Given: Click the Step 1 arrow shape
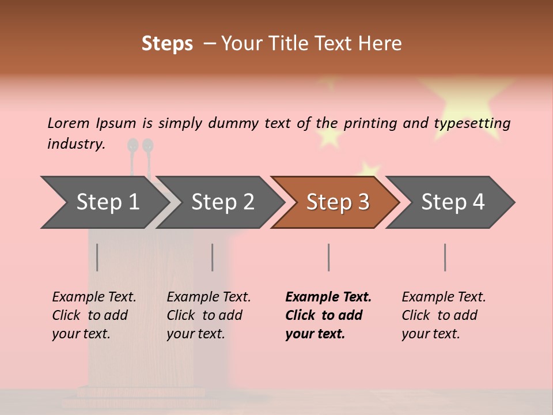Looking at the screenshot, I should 107,202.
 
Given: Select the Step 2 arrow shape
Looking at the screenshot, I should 222,202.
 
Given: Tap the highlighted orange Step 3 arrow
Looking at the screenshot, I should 338,202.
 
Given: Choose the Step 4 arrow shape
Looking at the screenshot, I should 453,202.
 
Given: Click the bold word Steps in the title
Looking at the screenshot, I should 167,44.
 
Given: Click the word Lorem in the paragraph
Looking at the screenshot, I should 68,123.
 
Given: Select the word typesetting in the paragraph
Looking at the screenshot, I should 472,123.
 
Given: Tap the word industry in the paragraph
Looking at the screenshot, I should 75,144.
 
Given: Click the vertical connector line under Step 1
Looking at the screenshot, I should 97,257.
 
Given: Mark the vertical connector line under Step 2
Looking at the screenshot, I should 213,257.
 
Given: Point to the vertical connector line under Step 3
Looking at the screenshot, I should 329,257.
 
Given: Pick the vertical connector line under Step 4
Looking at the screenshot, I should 445,257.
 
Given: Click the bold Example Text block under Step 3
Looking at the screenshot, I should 328,315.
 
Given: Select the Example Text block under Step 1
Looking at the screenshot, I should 94,315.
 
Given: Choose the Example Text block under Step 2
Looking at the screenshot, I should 209,315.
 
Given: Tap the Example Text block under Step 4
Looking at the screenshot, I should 444,315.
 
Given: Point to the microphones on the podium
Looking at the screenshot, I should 141,147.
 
